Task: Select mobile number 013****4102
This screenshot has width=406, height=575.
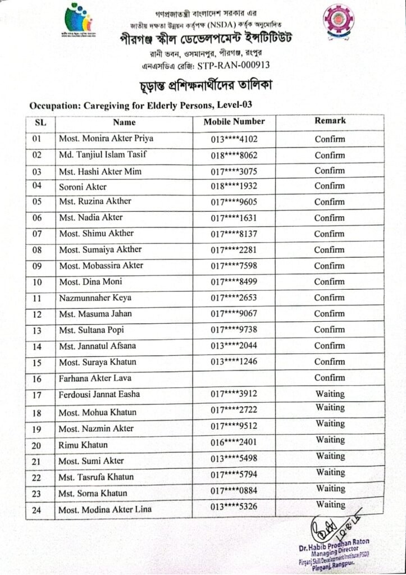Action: (234, 139)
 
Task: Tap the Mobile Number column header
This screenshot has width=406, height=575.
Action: (234, 121)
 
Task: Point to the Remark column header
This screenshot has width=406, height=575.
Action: (330, 120)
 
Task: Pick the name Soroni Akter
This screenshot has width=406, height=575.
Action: (83, 186)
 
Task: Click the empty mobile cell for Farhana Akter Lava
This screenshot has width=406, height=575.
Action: (234, 378)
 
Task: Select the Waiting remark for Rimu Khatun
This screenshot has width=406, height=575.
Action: (330, 440)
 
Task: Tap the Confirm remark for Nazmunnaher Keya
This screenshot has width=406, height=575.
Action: (330, 298)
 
